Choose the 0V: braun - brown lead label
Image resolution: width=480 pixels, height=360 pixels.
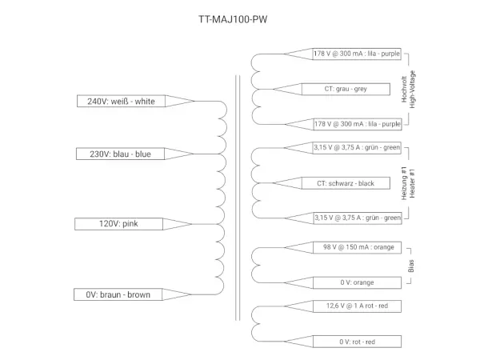[x=118, y=294]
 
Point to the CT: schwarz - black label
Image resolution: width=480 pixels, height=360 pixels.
[x=346, y=183]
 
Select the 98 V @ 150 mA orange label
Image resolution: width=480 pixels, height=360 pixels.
[x=357, y=247]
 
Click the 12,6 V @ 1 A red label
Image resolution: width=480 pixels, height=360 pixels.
[x=357, y=306]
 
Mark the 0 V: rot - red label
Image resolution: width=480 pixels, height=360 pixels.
[x=357, y=342]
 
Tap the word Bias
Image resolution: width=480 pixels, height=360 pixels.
[x=410, y=265]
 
